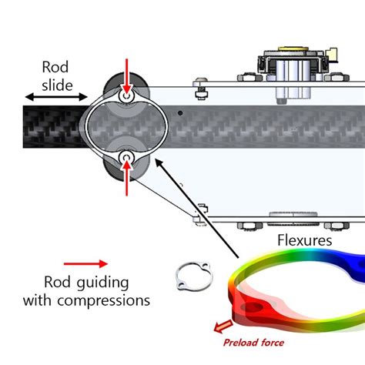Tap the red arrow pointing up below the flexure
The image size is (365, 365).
pos(126,178)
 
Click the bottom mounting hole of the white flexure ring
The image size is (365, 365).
pos(126,159)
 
